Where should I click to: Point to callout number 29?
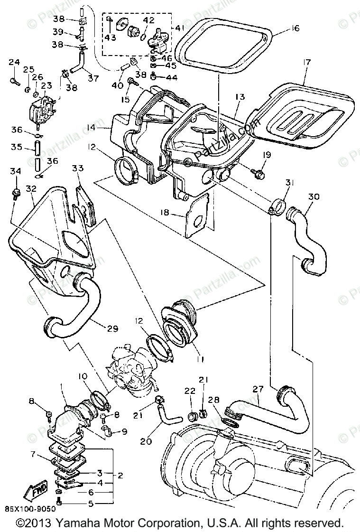tap(113, 328)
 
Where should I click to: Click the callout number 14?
tap(104, 128)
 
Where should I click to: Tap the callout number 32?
tap(31, 188)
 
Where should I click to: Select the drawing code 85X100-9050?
tap(30, 509)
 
